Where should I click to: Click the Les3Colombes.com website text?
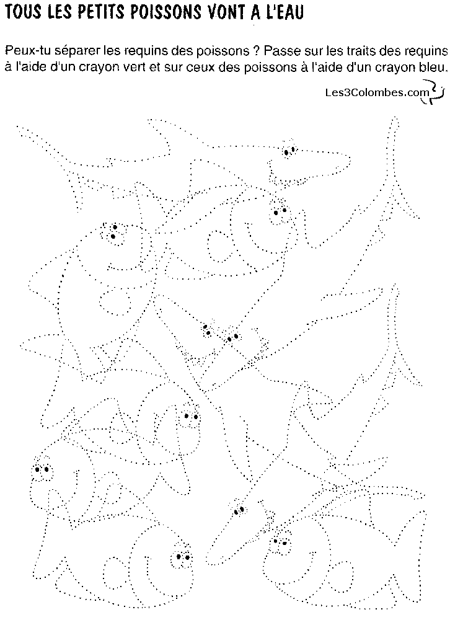[x=376, y=92]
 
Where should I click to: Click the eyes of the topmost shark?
[x=289, y=149]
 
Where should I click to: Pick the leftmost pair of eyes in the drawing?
[x=42, y=469]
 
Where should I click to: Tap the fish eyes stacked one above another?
[x=114, y=232]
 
